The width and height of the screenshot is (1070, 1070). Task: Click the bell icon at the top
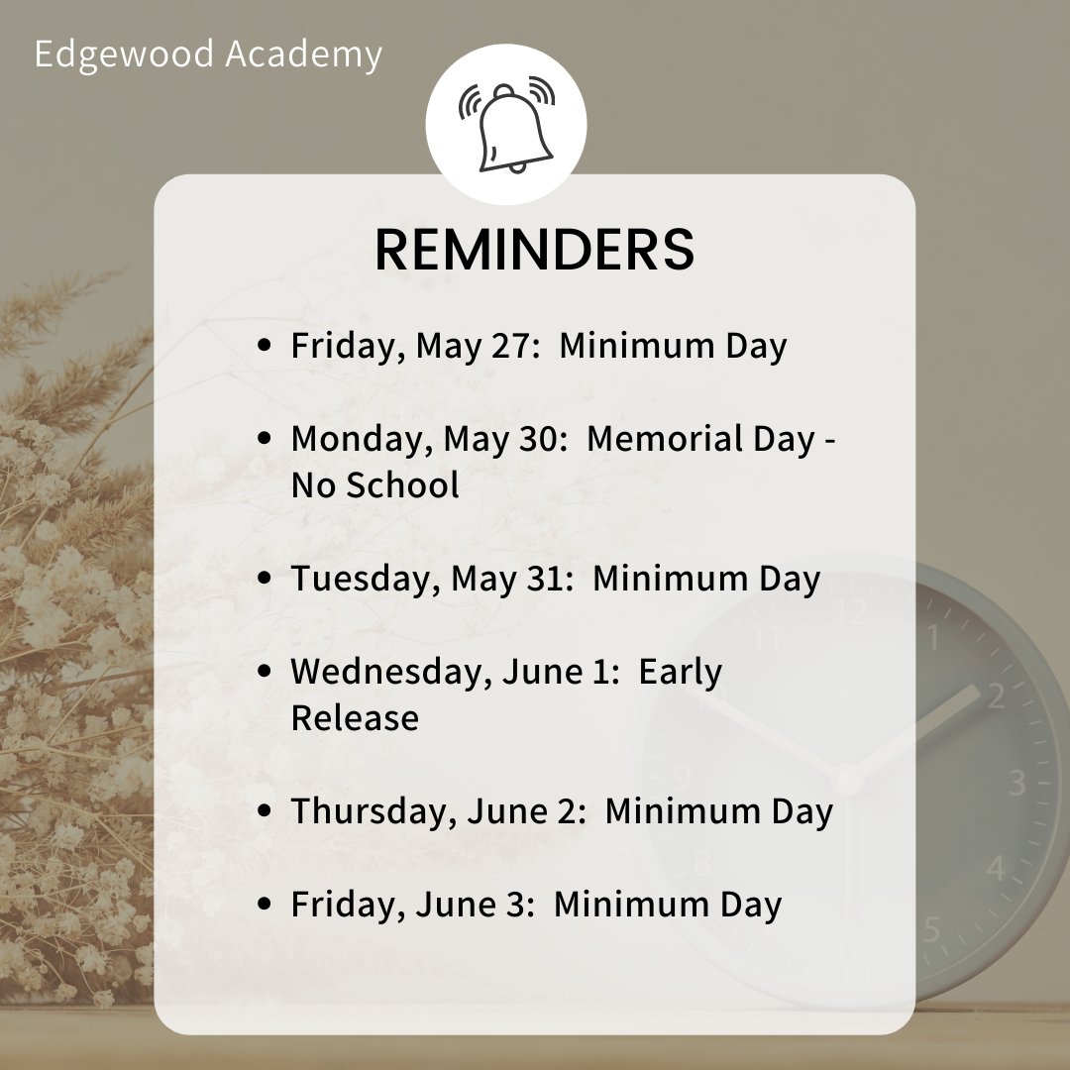pyautogui.click(x=507, y=127)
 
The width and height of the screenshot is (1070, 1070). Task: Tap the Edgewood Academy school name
pyautogui.click(x=208, y=54)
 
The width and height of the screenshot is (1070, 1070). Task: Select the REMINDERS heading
pyautogui.click(x=535, y=250)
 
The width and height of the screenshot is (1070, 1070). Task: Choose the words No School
pyautogui.click(x=375, y=485)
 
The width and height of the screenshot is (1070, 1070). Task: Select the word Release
pyautogui.click(x=355, y=717)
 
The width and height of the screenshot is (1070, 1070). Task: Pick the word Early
pyautogui.click(x=681, y=672)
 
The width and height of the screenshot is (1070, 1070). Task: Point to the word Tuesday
pyautogui.click(x=360, y=579)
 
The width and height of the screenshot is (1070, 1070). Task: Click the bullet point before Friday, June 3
pyautogui.click(x=265, y=904)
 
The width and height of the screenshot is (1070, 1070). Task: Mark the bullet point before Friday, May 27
pyautogui.click(x=265, y=346)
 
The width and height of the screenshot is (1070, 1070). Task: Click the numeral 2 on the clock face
pyautogui.click(x=995, y=695)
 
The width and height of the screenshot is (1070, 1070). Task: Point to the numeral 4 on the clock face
pyautogui.click(x=995, y=869)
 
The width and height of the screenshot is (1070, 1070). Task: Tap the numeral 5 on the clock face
pyautogui.click(x=931, y=928)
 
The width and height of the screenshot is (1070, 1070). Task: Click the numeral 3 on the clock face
pyautogui.click(x=1017, y=783)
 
